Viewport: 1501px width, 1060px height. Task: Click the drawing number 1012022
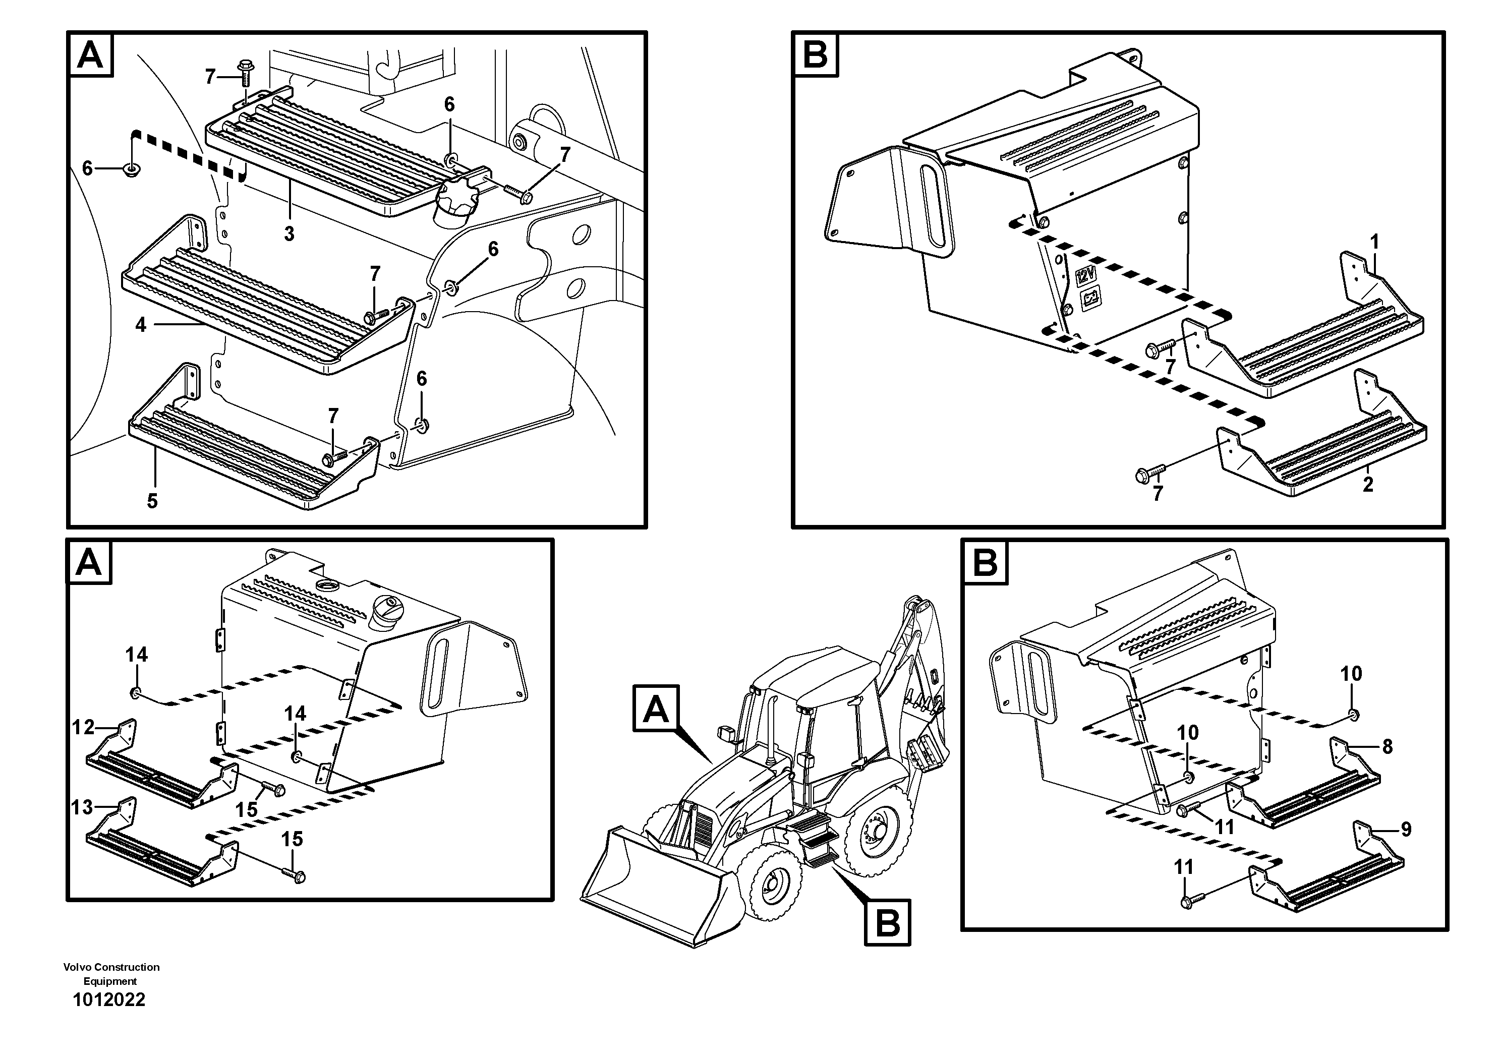109,1000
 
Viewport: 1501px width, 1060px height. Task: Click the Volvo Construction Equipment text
111,974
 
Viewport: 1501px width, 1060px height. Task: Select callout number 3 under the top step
289,234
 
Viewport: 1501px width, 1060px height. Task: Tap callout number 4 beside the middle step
141,324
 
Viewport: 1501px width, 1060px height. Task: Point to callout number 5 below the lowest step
152,501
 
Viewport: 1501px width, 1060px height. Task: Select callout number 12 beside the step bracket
83,727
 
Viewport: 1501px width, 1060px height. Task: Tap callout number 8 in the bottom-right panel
1387,746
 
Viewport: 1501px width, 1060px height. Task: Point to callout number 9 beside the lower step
1406,830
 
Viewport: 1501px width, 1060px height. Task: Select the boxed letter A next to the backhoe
656,709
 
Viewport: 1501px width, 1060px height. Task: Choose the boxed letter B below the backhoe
887,923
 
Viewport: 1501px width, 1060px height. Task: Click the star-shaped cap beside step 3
455,202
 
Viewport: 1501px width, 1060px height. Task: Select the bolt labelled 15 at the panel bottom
296,874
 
